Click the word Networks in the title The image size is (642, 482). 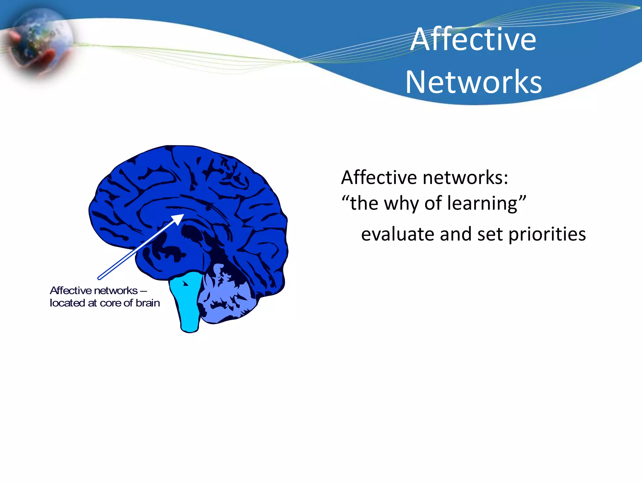point(473,82)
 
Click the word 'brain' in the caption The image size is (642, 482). point(148,303)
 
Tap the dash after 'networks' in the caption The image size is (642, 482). point(143,291)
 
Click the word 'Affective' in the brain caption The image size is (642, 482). point(67,291)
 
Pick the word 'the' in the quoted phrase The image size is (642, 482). point(364,203)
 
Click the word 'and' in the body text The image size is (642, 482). point(455,234)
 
